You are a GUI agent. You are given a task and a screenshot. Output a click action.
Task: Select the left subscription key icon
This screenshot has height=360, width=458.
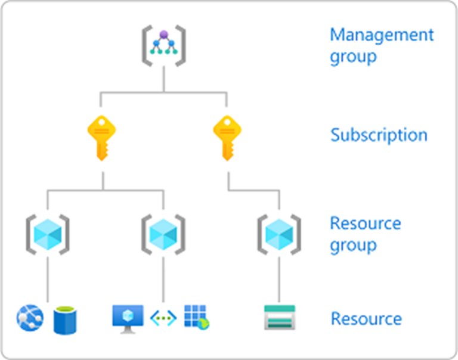pos(101,138)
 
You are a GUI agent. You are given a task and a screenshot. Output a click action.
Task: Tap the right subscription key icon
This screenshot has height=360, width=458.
pos(227,138)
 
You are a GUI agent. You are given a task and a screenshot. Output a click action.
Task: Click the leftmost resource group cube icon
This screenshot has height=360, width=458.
pos(47,232)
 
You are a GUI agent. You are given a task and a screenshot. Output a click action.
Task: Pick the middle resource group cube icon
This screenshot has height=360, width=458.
pos(163,232)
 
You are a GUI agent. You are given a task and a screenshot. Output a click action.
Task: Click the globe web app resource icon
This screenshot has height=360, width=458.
pos(30,318)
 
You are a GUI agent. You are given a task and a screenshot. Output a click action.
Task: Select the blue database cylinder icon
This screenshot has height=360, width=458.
pos(65,319)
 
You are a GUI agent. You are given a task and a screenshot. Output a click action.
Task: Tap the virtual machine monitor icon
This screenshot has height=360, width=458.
pos(128,318)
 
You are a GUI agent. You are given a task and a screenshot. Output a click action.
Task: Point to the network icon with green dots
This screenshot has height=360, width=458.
pos(163,318)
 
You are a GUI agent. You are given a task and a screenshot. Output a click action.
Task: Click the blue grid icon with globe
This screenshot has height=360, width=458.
pos(196,318)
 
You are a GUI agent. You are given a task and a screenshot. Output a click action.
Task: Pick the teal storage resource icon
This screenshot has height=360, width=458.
pos(279,318)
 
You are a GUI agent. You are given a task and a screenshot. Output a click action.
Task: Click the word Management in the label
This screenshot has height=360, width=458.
pos(382,35)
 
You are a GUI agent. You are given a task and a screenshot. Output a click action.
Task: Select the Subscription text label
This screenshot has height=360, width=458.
pos(379,135)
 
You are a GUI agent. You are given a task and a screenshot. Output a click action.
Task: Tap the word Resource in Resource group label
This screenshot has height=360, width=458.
pos(365,224)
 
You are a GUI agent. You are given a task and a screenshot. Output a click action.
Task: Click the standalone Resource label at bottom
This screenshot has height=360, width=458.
pos(366,319)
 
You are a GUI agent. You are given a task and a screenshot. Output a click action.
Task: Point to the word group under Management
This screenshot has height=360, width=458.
pos(353,57)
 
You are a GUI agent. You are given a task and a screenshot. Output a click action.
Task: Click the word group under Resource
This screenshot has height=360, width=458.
pos(353,245)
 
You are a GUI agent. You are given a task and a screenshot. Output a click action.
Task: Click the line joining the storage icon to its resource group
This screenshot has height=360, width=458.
pos(279,280)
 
